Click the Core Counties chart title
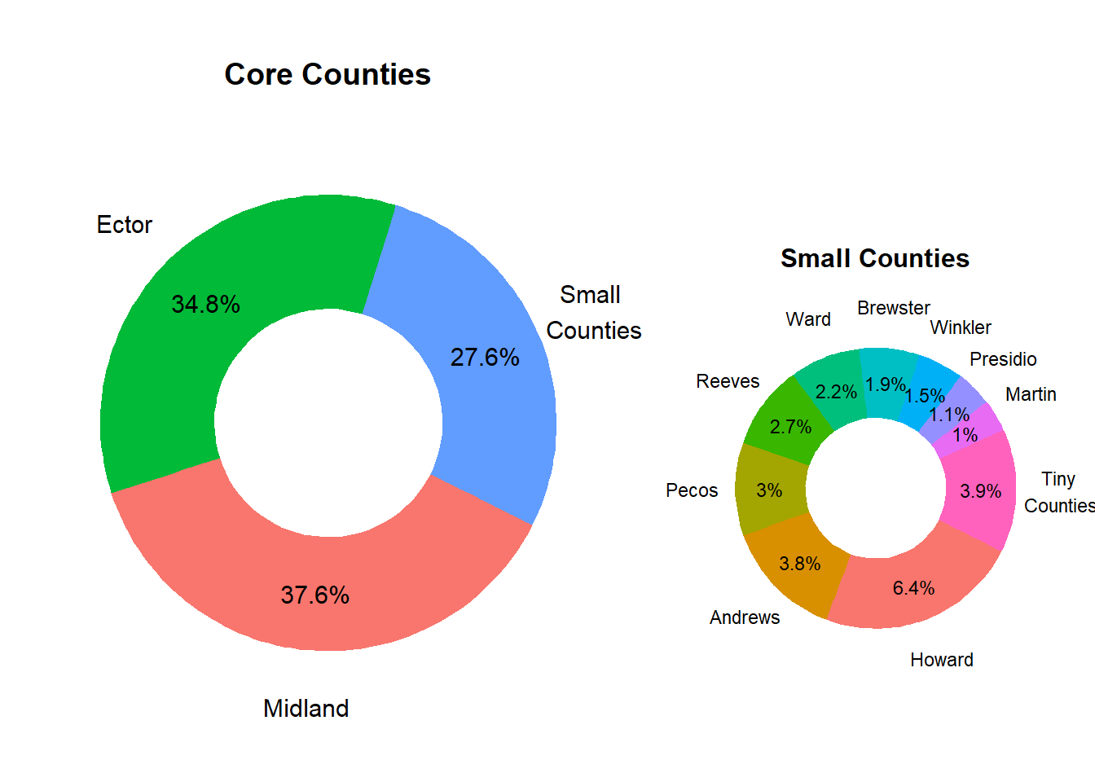click(x=328, y=74)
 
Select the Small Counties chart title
click(x=874, y=258)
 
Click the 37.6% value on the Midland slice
click(x=315, y=595)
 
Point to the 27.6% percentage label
click(x=485, y=358)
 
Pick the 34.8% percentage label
click(x=205, y=305)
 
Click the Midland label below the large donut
click(x=306, y=709)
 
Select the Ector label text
click(x=124, y=225)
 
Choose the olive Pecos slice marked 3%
click(x=768, y=490)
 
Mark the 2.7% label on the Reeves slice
click(x=790, y=427)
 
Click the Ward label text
click(x=808, y=319)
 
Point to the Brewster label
click(x=893, y=308)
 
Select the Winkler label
click(x=961, y=327)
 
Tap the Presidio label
click(x=1003, y=359)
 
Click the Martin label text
click(x=1031, y=394)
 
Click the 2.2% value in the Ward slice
click(x=836, y=392)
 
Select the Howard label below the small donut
click(x=941, y=660)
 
